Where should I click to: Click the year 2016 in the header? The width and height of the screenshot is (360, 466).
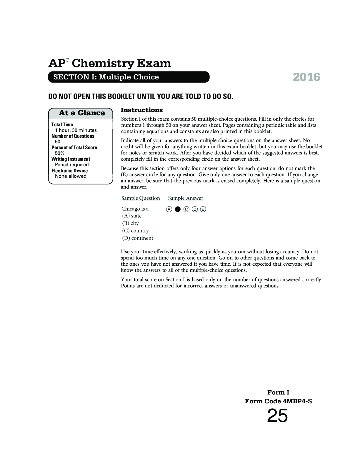point(306,77)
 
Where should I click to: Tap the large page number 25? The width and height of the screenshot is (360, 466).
point(277,416)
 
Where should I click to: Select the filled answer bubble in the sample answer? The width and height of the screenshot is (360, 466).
point(177,209)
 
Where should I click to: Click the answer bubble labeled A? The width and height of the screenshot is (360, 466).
point(169,209)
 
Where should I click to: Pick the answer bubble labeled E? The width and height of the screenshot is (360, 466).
point(203,209)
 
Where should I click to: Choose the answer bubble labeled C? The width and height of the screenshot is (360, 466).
point(186,209)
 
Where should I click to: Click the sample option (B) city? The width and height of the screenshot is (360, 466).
point(130,223)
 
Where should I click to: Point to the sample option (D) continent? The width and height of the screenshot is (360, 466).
point(138,238)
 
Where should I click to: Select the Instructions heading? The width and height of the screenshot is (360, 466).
point(142,110)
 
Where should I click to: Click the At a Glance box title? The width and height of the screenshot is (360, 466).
point(81,113)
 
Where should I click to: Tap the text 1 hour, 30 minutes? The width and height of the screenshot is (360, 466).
point(76,130)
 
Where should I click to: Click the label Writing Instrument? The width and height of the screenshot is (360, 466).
point(71,159)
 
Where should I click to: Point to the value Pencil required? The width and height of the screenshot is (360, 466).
point(72,164)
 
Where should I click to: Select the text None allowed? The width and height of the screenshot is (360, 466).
point(71,176)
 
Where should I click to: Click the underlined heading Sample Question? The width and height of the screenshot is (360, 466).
point(141,198)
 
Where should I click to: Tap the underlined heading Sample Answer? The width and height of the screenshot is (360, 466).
point(186,198)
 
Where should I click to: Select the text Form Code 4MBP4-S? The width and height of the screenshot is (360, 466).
point(278,401)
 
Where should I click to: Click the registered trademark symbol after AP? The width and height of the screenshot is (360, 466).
point(68,60)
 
